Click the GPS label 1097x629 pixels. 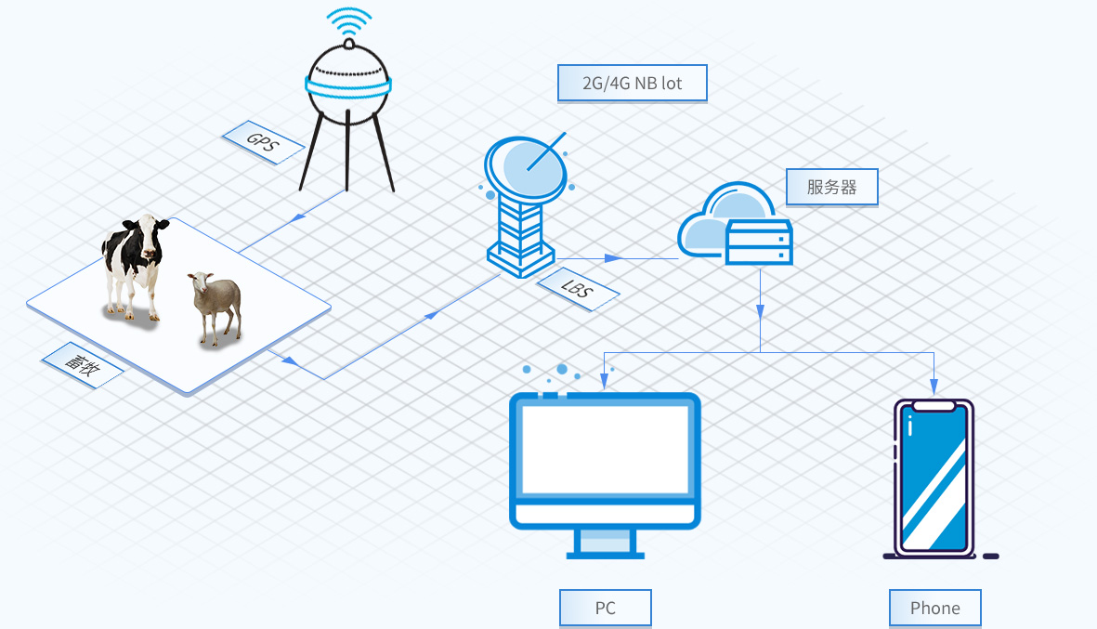point(264,142)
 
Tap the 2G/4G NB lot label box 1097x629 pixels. point(632,84)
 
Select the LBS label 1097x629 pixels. point(579,289)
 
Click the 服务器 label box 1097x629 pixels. point(831,187)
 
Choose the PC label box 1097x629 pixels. point(605,609)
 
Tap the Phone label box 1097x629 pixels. point(934,609)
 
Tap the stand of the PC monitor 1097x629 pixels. point(606,543)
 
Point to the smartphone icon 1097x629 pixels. point(934,478)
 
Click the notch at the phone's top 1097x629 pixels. point(934,406)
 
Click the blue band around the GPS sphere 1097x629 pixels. point(347,86)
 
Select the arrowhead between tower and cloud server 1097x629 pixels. point(613,258)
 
